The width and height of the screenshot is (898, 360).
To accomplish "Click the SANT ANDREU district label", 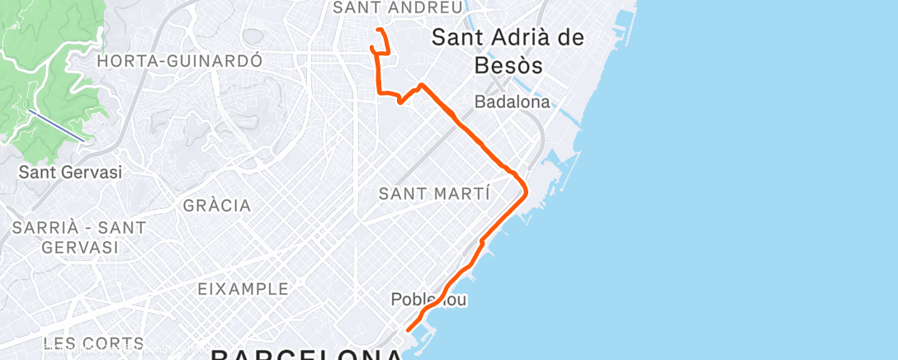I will point(396,7).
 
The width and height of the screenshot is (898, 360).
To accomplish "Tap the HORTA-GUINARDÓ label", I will point(179,61).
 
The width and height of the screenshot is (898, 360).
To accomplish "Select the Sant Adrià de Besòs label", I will point(508,51).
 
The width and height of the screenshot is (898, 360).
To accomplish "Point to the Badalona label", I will point(512,102).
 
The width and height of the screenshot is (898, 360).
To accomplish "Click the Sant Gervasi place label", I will point(70,173).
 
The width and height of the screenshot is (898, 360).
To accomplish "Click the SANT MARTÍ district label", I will point(433,194).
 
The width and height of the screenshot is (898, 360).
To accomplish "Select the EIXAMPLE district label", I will point(243,289).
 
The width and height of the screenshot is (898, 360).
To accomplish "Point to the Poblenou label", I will point(429,300).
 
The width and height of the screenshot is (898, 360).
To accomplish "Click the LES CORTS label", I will point(93,343).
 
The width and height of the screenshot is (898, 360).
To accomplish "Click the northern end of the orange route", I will point(378,30).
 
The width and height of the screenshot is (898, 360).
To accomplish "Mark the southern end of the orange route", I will point(409,330).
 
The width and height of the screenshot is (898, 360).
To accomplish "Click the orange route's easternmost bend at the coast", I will point(526,191).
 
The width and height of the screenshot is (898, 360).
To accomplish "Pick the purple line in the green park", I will point(56,125).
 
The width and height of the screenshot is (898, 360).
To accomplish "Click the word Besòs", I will point(508,65).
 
